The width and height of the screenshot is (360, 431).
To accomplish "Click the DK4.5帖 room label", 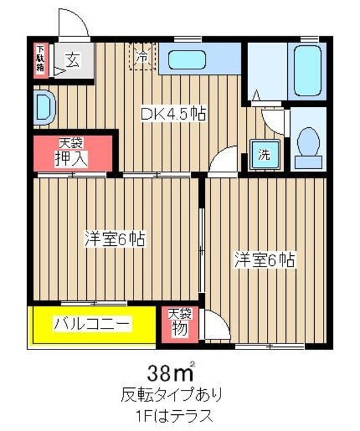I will point(173,114).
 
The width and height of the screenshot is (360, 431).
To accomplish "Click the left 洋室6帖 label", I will point(115,238).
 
